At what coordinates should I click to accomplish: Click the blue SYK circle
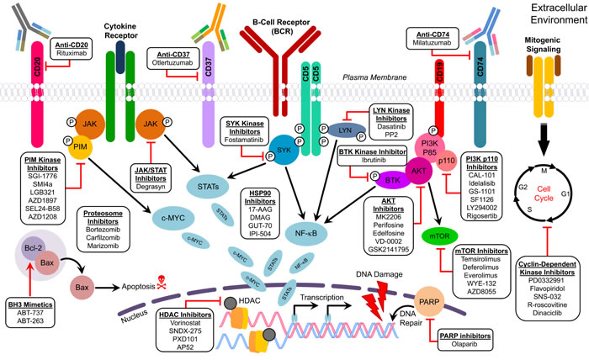(284, 151)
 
